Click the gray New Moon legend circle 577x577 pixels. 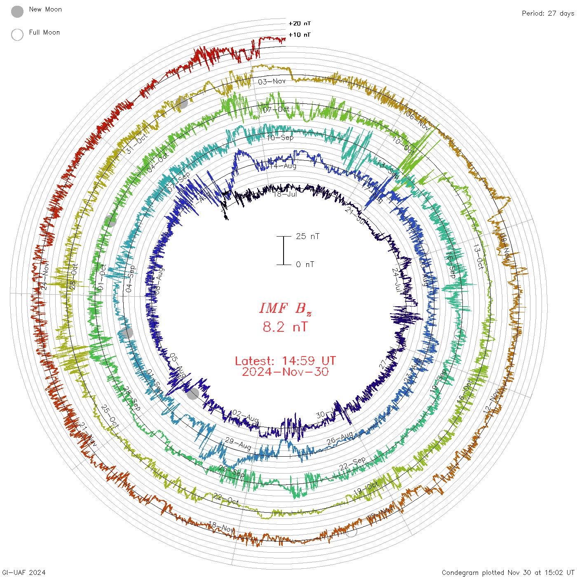pyautogui.click(x=17, y=12)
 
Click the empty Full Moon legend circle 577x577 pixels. pyautogui.click(x=17, y=35)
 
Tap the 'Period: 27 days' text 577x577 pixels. pyautogui.click(x=548, y=14)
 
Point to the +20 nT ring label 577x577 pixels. pyautogui.click(x=300, y=23)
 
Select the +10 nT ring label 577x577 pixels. pyautogui.click(x=300, y=35)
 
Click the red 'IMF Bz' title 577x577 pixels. pyautogui.click(x=285, y=309)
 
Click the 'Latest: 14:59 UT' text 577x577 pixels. pyautogui.click(x=285, y=361)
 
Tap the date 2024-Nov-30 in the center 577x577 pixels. pyautogui.click(x=285, y=372)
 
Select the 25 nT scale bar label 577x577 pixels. pyautogui.click(x=307, y=237)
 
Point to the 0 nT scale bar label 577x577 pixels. pyautogui.click(x=305, y=265)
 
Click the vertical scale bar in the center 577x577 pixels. pyautogui.click(x=284, y=251)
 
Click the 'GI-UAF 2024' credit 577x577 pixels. pyautogui.click(x=23, y=572)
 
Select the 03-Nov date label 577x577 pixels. pyautogui.click(x=272, y=82)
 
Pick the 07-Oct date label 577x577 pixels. pyautogui.click(x=276, y=110)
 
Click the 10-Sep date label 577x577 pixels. pyautogui.click(x=280, y=138)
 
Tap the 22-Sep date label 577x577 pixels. pyautogui.click(x=352, y=464)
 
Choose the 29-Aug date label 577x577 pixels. pyautogui.click(x=238, y=444)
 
